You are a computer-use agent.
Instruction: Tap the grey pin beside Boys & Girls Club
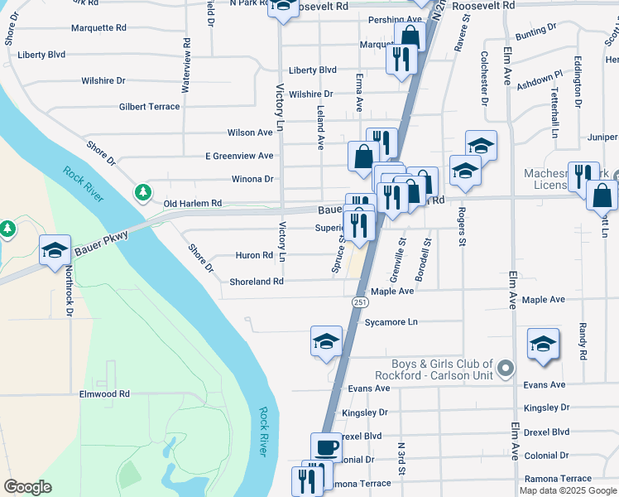pos(507,368)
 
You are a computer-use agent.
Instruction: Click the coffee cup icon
pos(326,446)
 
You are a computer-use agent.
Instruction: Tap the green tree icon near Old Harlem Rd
pos(143,193)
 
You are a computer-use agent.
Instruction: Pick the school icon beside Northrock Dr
pos(55,249)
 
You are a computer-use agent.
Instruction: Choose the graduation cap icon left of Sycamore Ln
pos(326,340)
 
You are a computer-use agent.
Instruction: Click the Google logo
pos(27,487)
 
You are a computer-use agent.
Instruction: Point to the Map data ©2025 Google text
pos(568,490)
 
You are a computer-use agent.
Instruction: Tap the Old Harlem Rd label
pos(193,204)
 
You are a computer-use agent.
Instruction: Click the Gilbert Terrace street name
pos(149,107)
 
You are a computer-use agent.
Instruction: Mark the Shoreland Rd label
pos(257,282)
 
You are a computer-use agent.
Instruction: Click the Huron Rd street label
pos(256,256)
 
